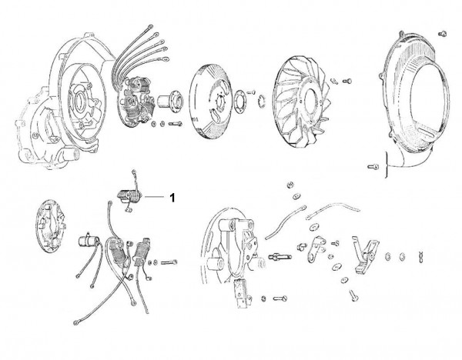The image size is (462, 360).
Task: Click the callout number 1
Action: coord(172,197)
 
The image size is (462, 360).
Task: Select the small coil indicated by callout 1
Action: coord(129,195)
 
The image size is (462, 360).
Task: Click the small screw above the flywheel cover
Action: coord(442,34)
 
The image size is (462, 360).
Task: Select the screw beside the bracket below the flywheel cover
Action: coord(373,167)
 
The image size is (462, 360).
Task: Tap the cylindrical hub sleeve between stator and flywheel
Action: coord(170,102)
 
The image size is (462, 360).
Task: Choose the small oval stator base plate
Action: coord(50,226)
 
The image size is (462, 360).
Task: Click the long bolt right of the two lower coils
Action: coord(169,262)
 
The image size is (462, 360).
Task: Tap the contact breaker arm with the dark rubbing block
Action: coord(365,255)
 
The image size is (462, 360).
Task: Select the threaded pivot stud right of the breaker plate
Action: coord(280,257)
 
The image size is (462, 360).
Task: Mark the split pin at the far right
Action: coord(420,257)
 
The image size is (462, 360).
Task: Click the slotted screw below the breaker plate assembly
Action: coord(280,298)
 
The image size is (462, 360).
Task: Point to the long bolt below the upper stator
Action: coord(176,124)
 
